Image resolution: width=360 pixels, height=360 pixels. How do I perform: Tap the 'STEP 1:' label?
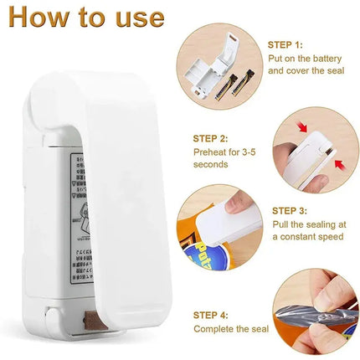tap(286, 44)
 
